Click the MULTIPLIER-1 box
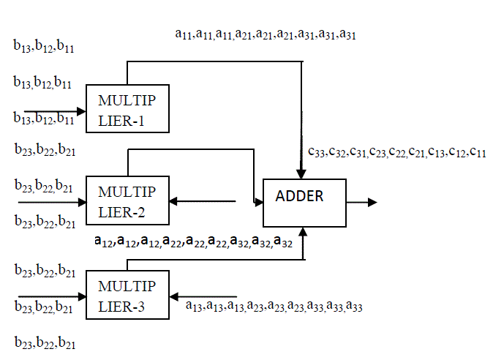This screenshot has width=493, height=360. [127, 108]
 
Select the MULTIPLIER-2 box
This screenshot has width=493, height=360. [127, 200]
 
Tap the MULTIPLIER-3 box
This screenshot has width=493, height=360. [127, 294]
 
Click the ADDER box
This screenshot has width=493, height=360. [304, 201]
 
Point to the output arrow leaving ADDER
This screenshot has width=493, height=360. [362, 202]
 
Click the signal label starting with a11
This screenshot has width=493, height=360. [266, 34]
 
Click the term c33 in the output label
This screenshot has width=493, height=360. [315, 152]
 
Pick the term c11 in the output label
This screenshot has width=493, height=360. [479, 152]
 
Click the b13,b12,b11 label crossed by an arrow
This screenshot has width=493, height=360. [44, 116]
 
